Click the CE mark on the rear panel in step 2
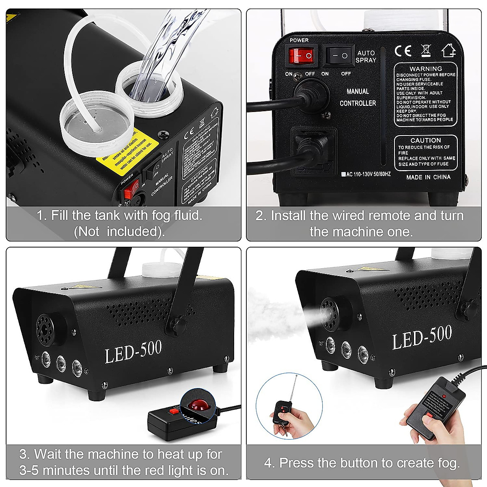[403, 50]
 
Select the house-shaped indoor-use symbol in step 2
[448, 50]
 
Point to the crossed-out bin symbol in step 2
[426, 50]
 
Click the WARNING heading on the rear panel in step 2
[426, 69]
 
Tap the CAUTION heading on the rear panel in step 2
[425, 140]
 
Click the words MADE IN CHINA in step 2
[428, 177]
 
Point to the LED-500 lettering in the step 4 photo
[422, 337]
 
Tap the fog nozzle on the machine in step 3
[47, 325]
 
